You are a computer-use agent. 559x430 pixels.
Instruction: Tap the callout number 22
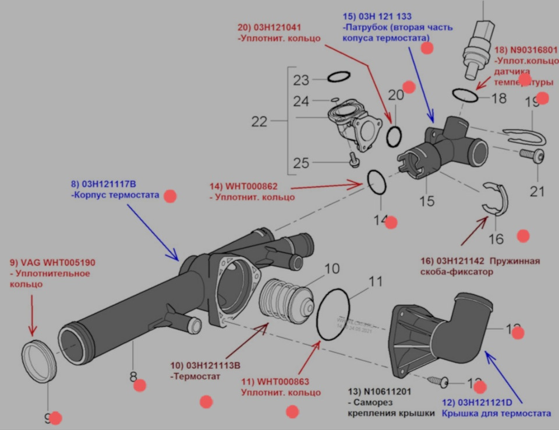[259, 122]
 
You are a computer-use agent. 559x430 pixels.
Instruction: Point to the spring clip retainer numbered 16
[496, 201]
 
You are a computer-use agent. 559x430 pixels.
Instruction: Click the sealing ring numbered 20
[394, 135]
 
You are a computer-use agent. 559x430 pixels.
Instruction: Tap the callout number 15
[427, 201]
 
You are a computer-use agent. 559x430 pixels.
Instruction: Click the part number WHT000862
[252, 186]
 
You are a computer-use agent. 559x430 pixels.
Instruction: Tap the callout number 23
[301, 80]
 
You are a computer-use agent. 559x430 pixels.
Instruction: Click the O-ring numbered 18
[465, 94]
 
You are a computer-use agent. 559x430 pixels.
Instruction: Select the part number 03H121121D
[485, 403]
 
